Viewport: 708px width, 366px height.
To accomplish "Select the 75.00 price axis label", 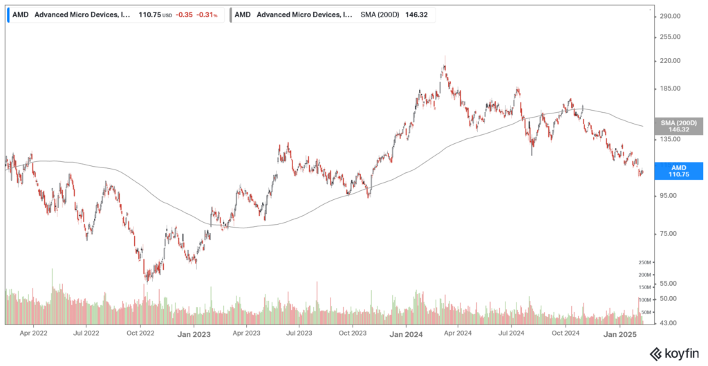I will click(x=670, y=233).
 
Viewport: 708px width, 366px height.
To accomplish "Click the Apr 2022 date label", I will click(x=33, y=333).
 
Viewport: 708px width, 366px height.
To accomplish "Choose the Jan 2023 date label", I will click(x=194, y=333).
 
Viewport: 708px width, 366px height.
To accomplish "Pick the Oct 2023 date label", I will click(x=353, y=333).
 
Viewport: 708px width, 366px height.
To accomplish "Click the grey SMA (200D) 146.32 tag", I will click(x=679, y=125).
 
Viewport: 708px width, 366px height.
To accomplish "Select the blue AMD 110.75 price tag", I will click(x=679, y=171).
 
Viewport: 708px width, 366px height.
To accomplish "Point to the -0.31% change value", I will click(x=207, y=14).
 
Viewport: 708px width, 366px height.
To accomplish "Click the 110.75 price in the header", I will click(x=150, y=14).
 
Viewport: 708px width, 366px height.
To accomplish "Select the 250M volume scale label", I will click(x=644, y=263).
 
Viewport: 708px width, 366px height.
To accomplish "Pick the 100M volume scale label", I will click(x=644, y=300).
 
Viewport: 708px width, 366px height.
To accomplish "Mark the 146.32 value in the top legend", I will click(x=413, y=14).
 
